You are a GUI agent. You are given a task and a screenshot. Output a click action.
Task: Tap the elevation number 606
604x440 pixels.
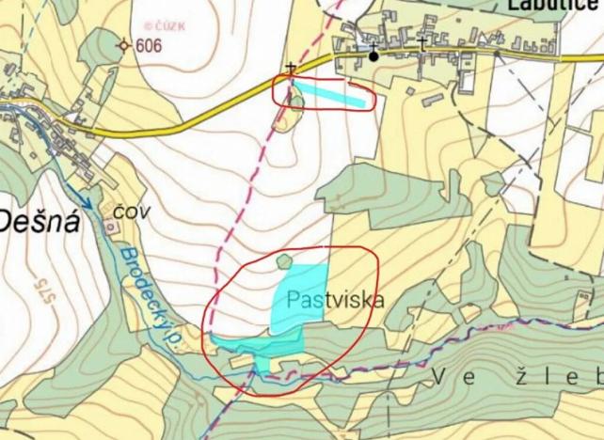coord(149,45)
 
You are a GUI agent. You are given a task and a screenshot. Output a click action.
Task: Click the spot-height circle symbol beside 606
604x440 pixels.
coord(123,44)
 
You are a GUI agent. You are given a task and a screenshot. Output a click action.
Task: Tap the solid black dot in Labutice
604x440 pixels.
coord(374,55)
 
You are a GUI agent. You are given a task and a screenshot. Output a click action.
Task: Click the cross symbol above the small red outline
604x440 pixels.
coord(291,69)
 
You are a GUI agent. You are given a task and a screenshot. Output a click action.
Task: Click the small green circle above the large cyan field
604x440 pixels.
coord(284,260)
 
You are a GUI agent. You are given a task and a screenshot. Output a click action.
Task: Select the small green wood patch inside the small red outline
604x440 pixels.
coord(293,99)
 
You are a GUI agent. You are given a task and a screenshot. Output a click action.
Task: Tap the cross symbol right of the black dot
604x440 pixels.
coord(421,44)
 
